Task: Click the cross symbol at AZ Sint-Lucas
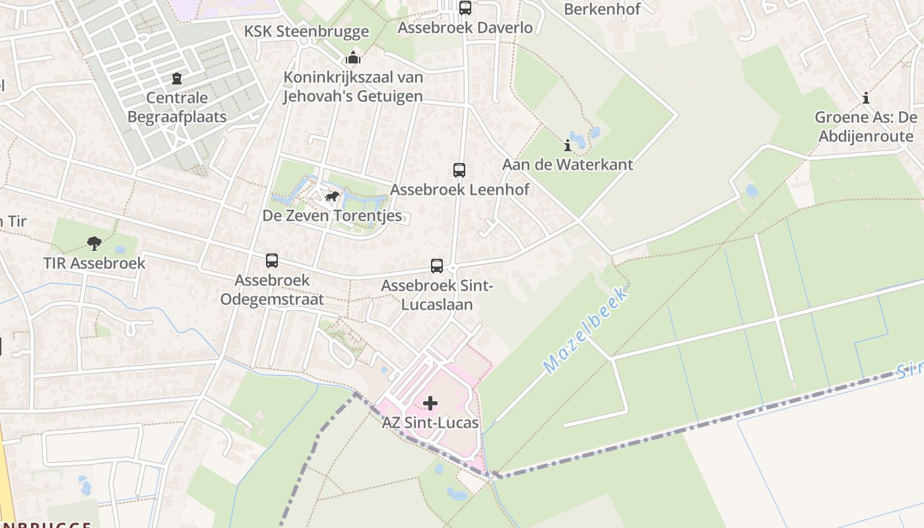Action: (430, 403)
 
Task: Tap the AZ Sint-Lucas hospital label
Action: (430, 422)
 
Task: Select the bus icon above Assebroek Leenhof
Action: (459, 170)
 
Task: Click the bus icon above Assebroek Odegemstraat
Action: (272, 261)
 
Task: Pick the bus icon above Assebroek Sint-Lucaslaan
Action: (437, 266)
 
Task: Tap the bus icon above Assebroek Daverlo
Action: (465, 8)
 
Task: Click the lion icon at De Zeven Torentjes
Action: (332, 197)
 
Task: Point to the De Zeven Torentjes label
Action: (332, 216)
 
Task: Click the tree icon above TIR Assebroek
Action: (94, 243)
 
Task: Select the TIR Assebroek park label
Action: (94, 263)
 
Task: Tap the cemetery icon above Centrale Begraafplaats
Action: (176, 79)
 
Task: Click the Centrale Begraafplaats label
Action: (177, 108)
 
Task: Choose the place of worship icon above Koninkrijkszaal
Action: (353, 57)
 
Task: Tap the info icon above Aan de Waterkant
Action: (567, 145)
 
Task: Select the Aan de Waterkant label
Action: (568, 164)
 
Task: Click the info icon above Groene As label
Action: (866, 99)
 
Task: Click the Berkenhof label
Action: (602, 9)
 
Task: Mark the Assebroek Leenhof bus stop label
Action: (460, 190)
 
